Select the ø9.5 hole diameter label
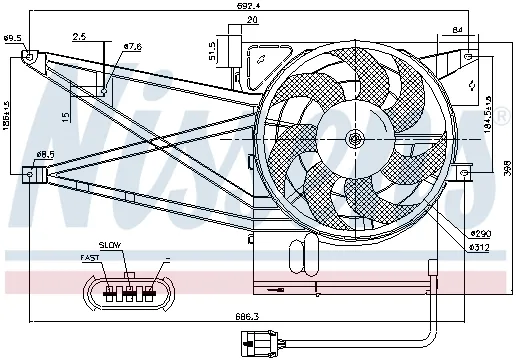pos(12,38)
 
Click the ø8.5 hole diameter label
pos(44,153)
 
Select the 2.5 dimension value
pos(79,37)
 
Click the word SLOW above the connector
pos(110,245)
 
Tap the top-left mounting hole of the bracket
pos(30,57)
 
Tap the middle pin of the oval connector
pos(129,292)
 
